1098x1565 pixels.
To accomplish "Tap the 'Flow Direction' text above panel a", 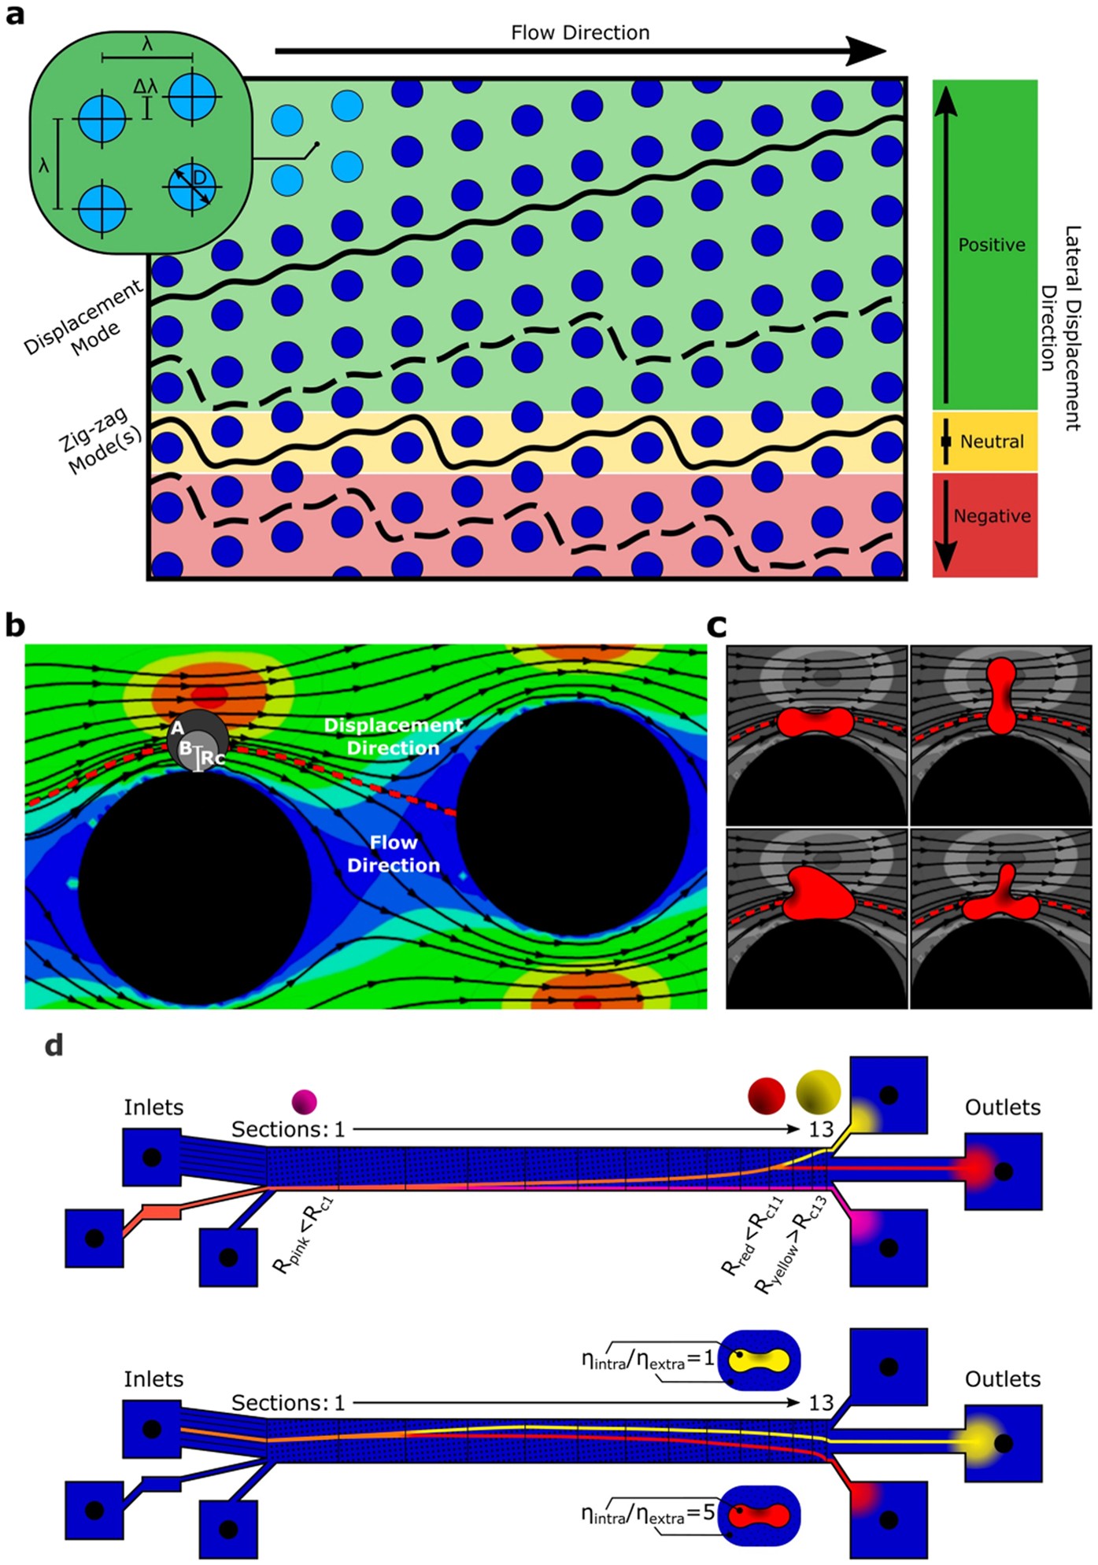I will click(x=580, y=33).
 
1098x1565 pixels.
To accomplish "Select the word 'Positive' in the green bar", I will click(x=991, y=245).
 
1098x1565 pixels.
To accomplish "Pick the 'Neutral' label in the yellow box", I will click(x=992, y=442).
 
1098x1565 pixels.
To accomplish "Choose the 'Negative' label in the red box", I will click(x=992, y=516).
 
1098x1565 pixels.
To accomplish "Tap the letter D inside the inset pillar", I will click(x=200, y=179).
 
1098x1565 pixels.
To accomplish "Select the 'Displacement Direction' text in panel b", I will click(x=393, y=736).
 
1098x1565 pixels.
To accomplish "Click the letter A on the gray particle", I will click(x=178, y=729).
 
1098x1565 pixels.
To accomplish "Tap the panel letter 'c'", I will click(x=716, y=626).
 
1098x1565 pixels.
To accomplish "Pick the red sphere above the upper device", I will click(x=766, y=1096).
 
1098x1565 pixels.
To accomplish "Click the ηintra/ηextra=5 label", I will click(x=647, y=1513).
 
